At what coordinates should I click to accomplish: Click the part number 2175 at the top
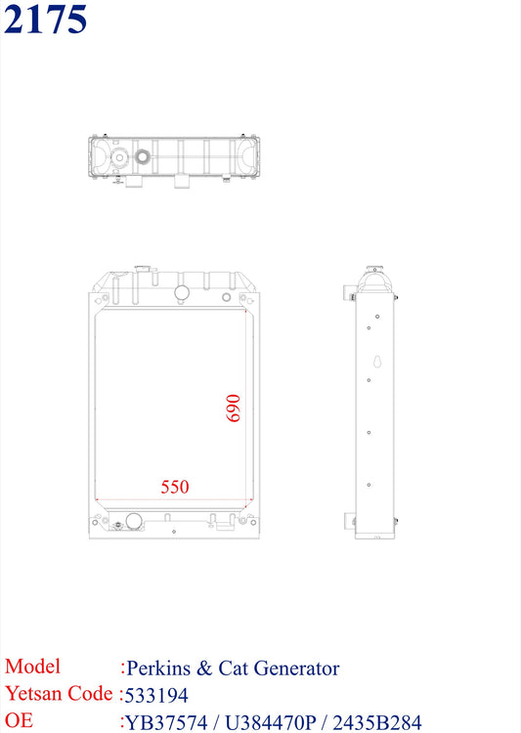pos(45,19)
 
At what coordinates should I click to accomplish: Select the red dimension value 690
pos(234,409)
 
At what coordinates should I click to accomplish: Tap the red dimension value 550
pos(175,487)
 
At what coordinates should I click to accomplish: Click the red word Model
pos(32,667)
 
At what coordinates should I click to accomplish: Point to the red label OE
pos(19,720)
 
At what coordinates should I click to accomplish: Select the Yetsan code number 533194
pos(156,696)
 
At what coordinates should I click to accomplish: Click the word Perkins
pos(158,668)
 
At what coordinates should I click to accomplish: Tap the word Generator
pos(296,668)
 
